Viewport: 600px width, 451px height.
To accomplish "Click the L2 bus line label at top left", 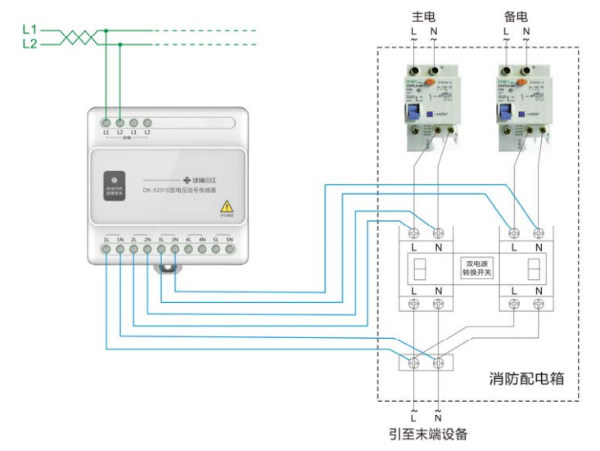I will pyautogui.click(x=29, y=44).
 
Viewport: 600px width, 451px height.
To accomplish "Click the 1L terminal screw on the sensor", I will pyautogui.click(x=106, y=248).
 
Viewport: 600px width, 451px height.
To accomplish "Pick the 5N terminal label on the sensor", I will pyautogui.click(x=230, y=239).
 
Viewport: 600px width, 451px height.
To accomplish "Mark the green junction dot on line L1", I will pyautogui.click(x=106, y=31).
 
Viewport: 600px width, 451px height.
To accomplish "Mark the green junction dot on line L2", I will pyautogui.click(x=120, y=44).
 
